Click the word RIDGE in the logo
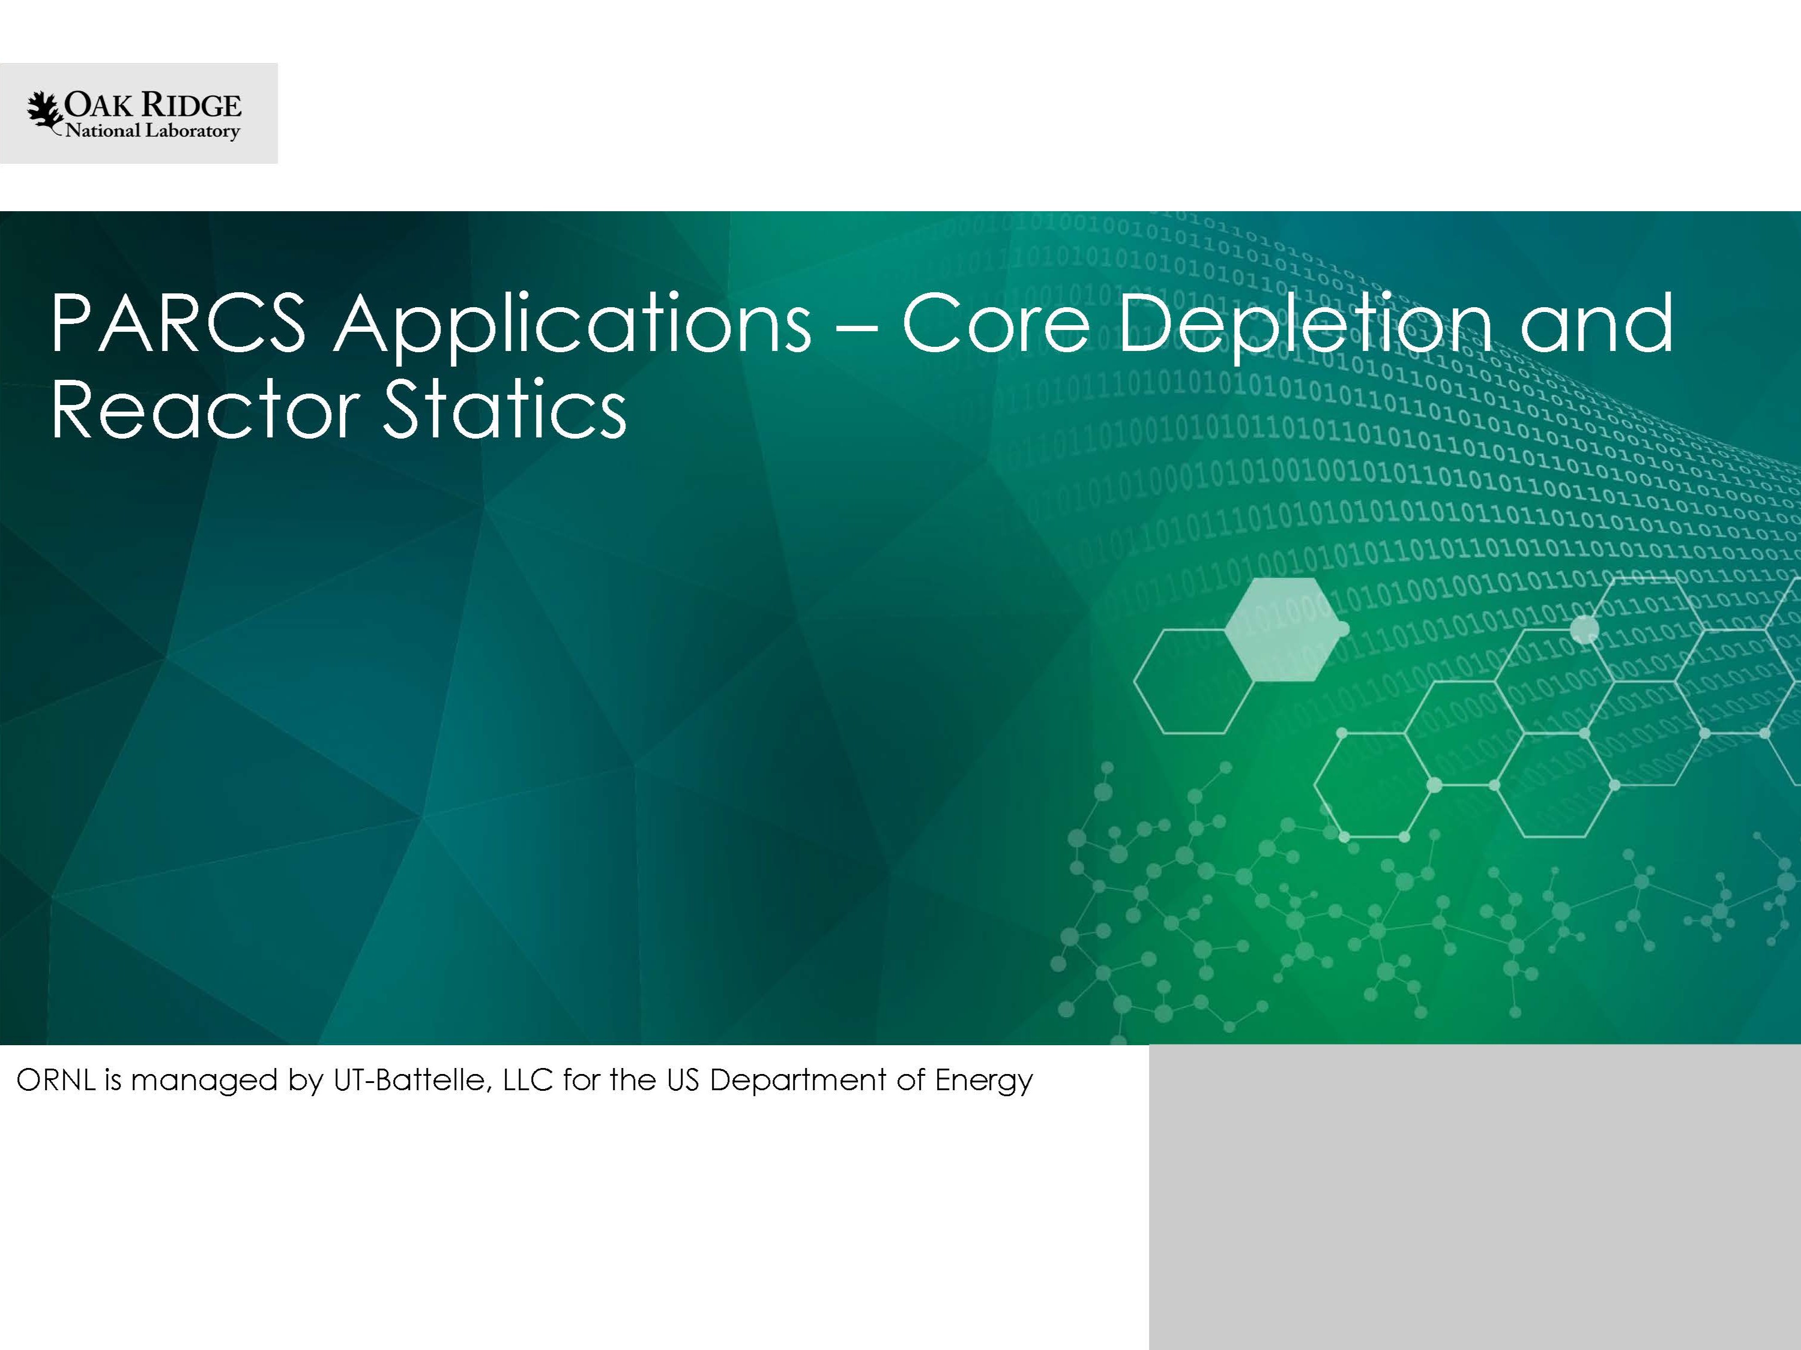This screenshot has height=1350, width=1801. (192, 106)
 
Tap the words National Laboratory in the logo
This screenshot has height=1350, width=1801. (152, 131)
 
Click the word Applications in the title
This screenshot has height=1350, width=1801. (572, 325)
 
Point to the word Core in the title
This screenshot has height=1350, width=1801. (997, 324)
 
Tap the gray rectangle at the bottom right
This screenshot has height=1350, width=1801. (1474, 1197)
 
